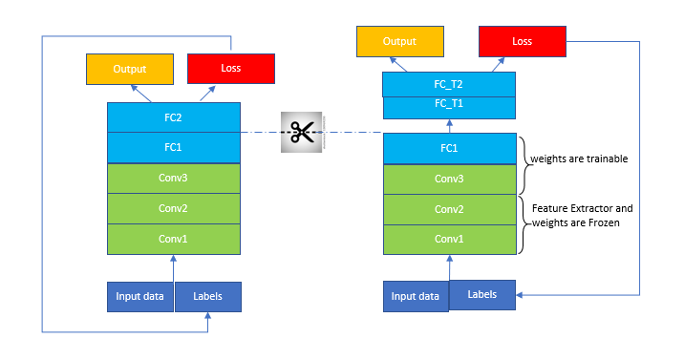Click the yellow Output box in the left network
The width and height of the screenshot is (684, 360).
pyautogui.click(x=130, y=69)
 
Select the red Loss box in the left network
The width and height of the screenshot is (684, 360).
pyautogui.click(x=231, y=69)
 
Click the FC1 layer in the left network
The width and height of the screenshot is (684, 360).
pyautogui.click(x=173, y=148)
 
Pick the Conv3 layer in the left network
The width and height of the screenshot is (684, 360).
pyautogui.click(x=173, y=178)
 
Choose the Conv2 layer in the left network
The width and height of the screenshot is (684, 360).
pyautogui.click(x=173, y=207)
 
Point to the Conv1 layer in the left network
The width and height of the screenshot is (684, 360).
pyautogui.click(x=173, y=238)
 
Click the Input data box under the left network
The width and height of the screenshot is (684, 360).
pyautogui.click(x=139, y=297)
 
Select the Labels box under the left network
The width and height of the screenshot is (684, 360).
pyautogui.click(x=207, y=297)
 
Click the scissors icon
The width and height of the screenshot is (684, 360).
pyautogui.click(x=304, y=132)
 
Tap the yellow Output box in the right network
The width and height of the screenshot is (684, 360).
pyautogui.click(x=400, y=42)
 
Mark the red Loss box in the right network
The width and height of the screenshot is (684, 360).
pyautogui.click(x=522, y=42)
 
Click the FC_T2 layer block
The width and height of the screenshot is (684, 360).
pyautogui.click(x=449, y=85)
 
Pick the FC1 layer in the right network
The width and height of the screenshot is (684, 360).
pyautogui.click(x=449, y=149)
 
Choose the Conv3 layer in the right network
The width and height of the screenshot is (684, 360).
pyautogui.click(x=449, y=179)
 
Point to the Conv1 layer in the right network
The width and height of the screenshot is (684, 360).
pyautogui.click(x=449, y=239)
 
